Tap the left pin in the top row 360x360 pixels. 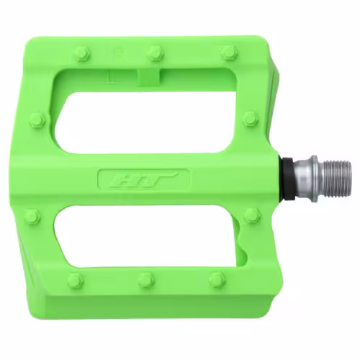84,53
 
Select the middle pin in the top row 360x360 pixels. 156,53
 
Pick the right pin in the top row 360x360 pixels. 229,53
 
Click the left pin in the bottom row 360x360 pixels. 75,280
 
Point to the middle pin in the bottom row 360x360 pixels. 146,279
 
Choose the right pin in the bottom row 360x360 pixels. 217,279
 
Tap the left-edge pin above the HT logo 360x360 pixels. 38,120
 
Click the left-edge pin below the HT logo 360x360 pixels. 33,217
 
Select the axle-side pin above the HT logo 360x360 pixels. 251,120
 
